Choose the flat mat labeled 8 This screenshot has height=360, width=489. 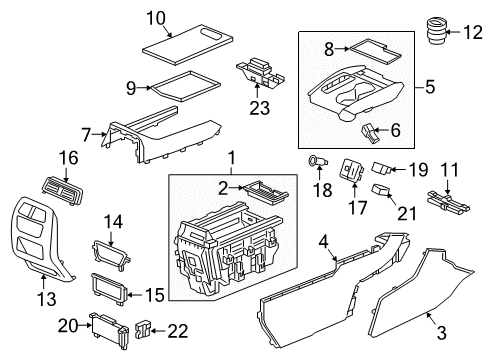(x=369, y=45)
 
